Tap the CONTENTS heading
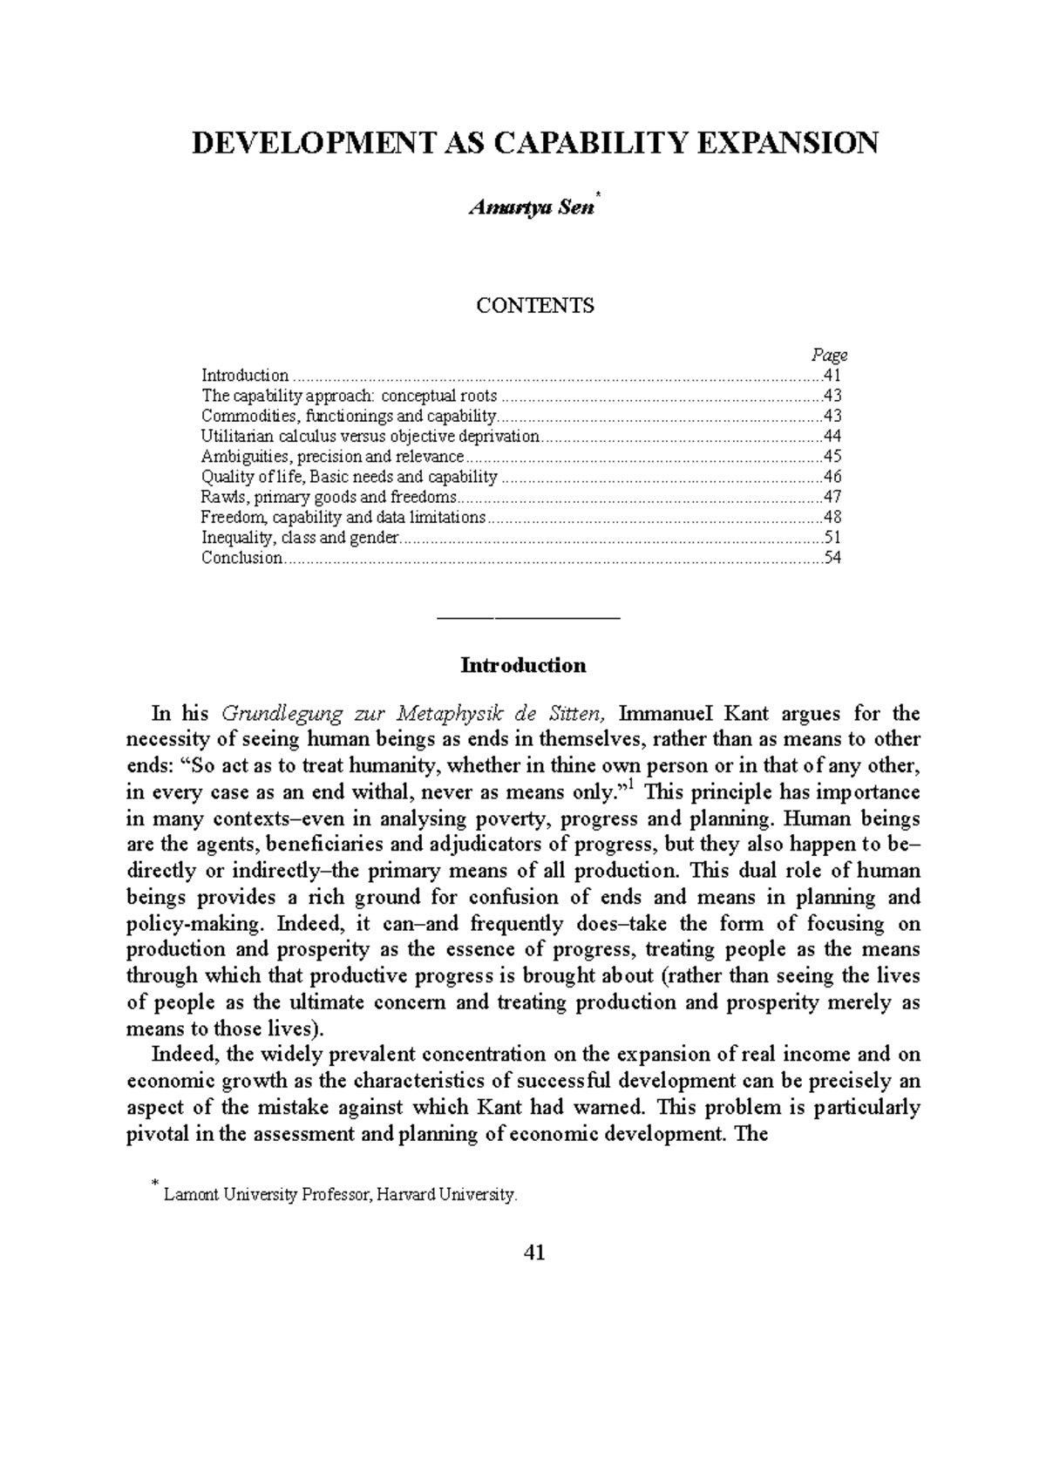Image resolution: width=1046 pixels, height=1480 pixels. [534, 306]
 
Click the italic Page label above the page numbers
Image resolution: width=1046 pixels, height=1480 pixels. [829, 355]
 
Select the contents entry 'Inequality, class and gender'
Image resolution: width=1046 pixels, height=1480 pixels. [300, 538]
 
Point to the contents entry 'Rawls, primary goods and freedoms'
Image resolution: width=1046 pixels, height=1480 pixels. [329, 497]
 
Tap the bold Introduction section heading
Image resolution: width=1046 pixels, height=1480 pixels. [523, 666]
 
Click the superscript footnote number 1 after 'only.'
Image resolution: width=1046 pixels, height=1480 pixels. [632, 787]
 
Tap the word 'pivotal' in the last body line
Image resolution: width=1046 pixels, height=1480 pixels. [157, 1134]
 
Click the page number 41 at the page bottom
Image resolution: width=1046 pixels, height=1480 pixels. [533, 1253]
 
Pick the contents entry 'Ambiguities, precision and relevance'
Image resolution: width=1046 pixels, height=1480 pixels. [332, 457]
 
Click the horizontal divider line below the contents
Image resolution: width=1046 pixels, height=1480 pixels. [527, 618]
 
